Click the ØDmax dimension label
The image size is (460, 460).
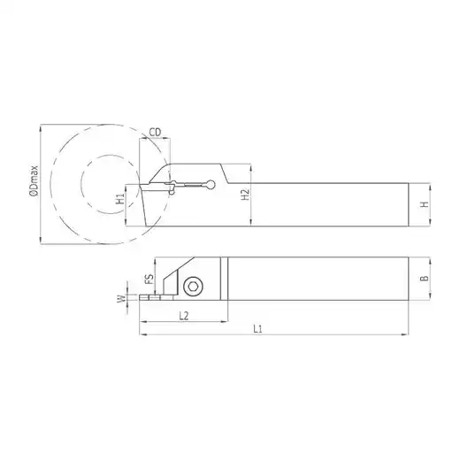point(34,181)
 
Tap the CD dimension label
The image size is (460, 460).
point(155,133)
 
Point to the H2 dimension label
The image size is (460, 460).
point(245,195)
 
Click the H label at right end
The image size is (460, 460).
point(425,204)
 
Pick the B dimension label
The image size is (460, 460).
point(425,278)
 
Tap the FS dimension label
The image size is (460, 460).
point(150,279)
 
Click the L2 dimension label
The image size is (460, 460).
point(184,316)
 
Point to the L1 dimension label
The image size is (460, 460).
point(257,329)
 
